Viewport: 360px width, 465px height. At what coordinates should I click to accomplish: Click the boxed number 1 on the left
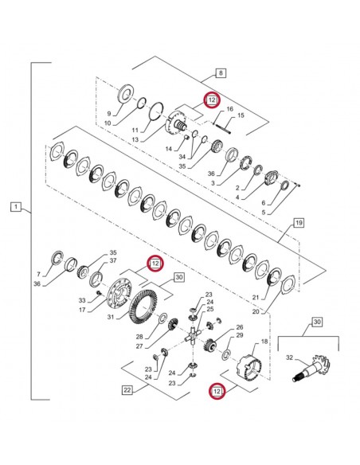click(15, 208)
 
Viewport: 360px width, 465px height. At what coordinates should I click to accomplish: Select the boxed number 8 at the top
click(220, 72)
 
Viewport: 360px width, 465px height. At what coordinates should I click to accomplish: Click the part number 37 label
click(113, 260)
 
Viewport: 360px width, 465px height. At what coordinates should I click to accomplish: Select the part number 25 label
click(210, 309)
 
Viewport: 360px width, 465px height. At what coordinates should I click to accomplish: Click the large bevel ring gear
click(143, 306)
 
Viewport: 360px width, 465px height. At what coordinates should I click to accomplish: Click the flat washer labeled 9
click(125, 94)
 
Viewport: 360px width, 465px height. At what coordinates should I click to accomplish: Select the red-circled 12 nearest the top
click(211, 100)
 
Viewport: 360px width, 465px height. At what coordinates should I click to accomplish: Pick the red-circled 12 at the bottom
click(215, 390)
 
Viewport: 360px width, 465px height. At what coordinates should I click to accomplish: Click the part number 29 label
click(239, 335)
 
